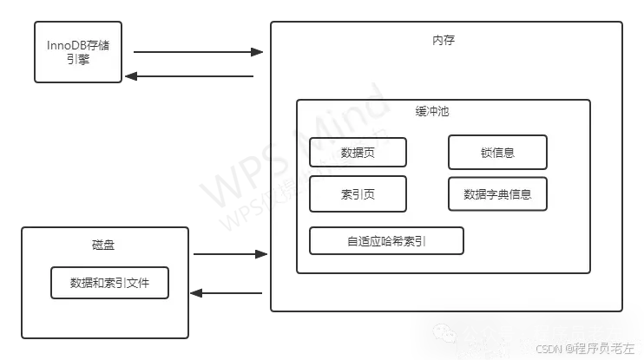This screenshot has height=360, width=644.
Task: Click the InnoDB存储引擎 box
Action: (78, 52)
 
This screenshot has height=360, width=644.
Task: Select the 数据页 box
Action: (358, 153)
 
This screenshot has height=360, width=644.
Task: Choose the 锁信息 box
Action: (497, 153)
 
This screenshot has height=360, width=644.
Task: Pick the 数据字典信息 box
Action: (497, 193)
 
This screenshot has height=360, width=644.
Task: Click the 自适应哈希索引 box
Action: (386, 240)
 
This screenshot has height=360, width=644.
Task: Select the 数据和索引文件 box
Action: (109, 283)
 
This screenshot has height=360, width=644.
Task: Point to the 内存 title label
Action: (444, 40)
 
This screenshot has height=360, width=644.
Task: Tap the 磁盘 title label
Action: (102, 245)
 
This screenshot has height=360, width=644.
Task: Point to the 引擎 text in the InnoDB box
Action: (78, 61)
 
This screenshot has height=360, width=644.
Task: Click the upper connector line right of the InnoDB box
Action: (195, 52)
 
